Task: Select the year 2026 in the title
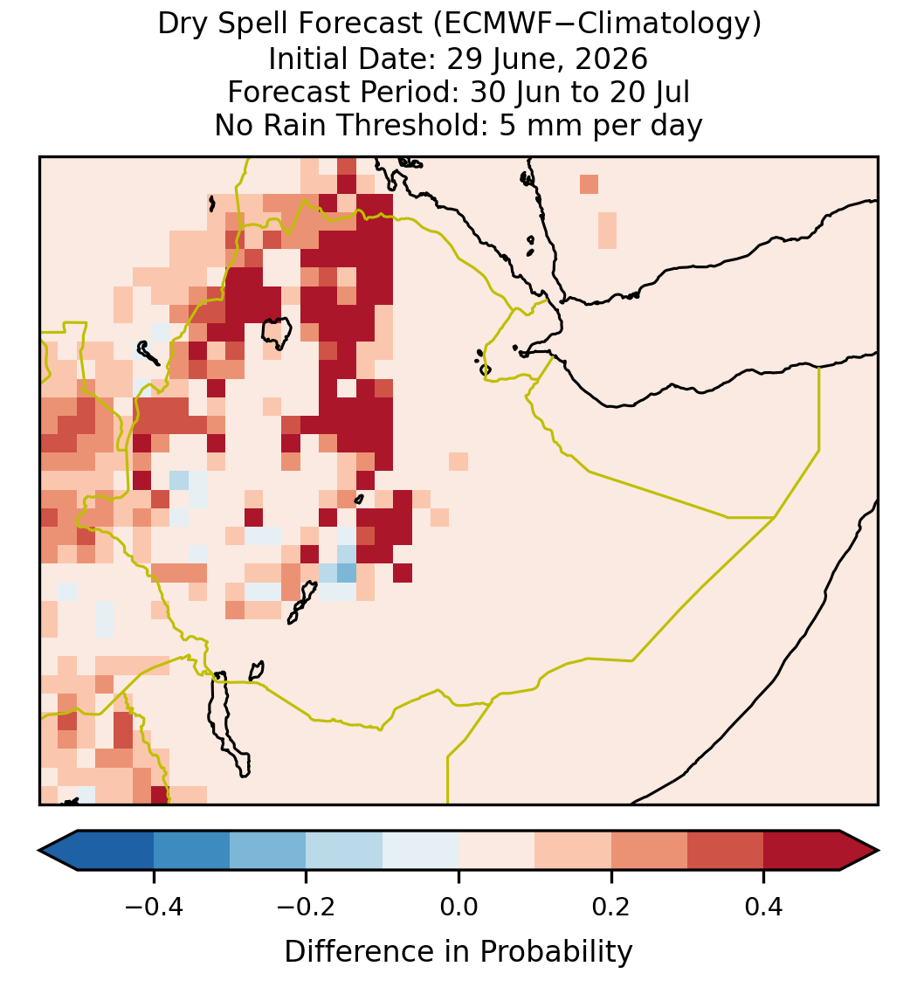[x=610, y=59]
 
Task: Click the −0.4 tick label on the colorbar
[x=153, y=906]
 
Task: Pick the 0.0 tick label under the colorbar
[x=458, y=906]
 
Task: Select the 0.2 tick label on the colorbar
[x=611, y=906]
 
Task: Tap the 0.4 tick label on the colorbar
[x=764, y=906]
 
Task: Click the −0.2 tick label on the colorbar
[x=306, y=906]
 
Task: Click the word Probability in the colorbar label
[x=555, y=952]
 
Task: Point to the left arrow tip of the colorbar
[x=39, y=851]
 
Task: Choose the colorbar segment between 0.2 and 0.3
[x=649, y=851]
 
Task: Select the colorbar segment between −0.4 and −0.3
[x=191, y=851]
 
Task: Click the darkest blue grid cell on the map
[x=347, y=573]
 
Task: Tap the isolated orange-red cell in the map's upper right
[x=589, y=184]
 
